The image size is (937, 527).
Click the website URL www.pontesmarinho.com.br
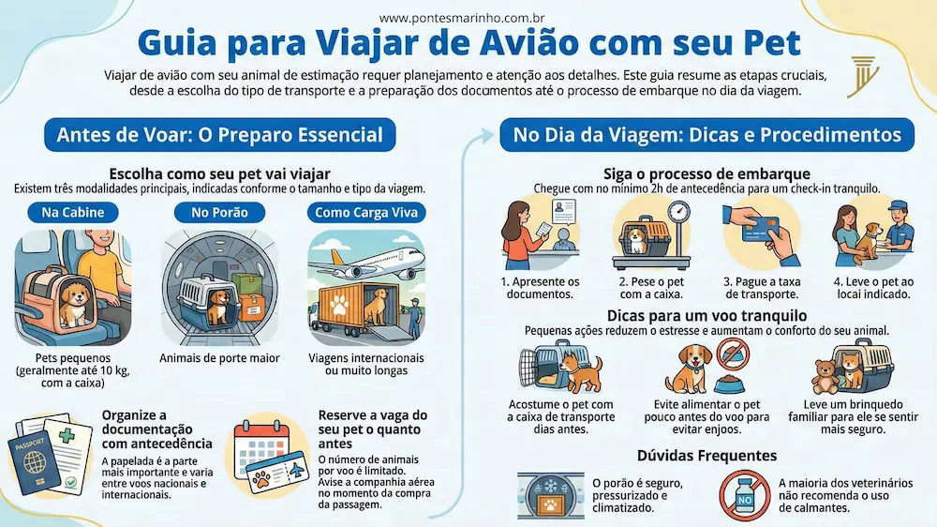(x=461, y=19)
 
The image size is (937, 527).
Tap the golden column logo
(x=863, y=77)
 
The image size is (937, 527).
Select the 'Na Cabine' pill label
(x=73, y=212)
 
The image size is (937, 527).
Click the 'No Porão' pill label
(x=219, y=212)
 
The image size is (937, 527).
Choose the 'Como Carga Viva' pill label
(x=366, y=212)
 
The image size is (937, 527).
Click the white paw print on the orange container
(x=339, y=307)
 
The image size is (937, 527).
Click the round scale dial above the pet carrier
(x=678, y=212)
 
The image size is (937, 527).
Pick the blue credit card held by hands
(x=760, y=229)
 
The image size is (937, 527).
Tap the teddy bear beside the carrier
(x=825, y=376)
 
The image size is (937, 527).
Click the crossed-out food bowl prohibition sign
(x=734, y=354)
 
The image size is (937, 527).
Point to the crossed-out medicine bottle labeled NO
(x=745, y=495)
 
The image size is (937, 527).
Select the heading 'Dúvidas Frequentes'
(x=706, y=456)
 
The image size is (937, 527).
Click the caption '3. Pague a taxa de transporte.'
(x=762, y=288)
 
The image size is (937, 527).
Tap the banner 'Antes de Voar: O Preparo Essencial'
(x=220, y=135)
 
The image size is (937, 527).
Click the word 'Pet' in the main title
(x=772, y=43)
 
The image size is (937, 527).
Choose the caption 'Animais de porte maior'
(x=219, y=358)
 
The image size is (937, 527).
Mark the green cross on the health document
(x=67, y=435)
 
